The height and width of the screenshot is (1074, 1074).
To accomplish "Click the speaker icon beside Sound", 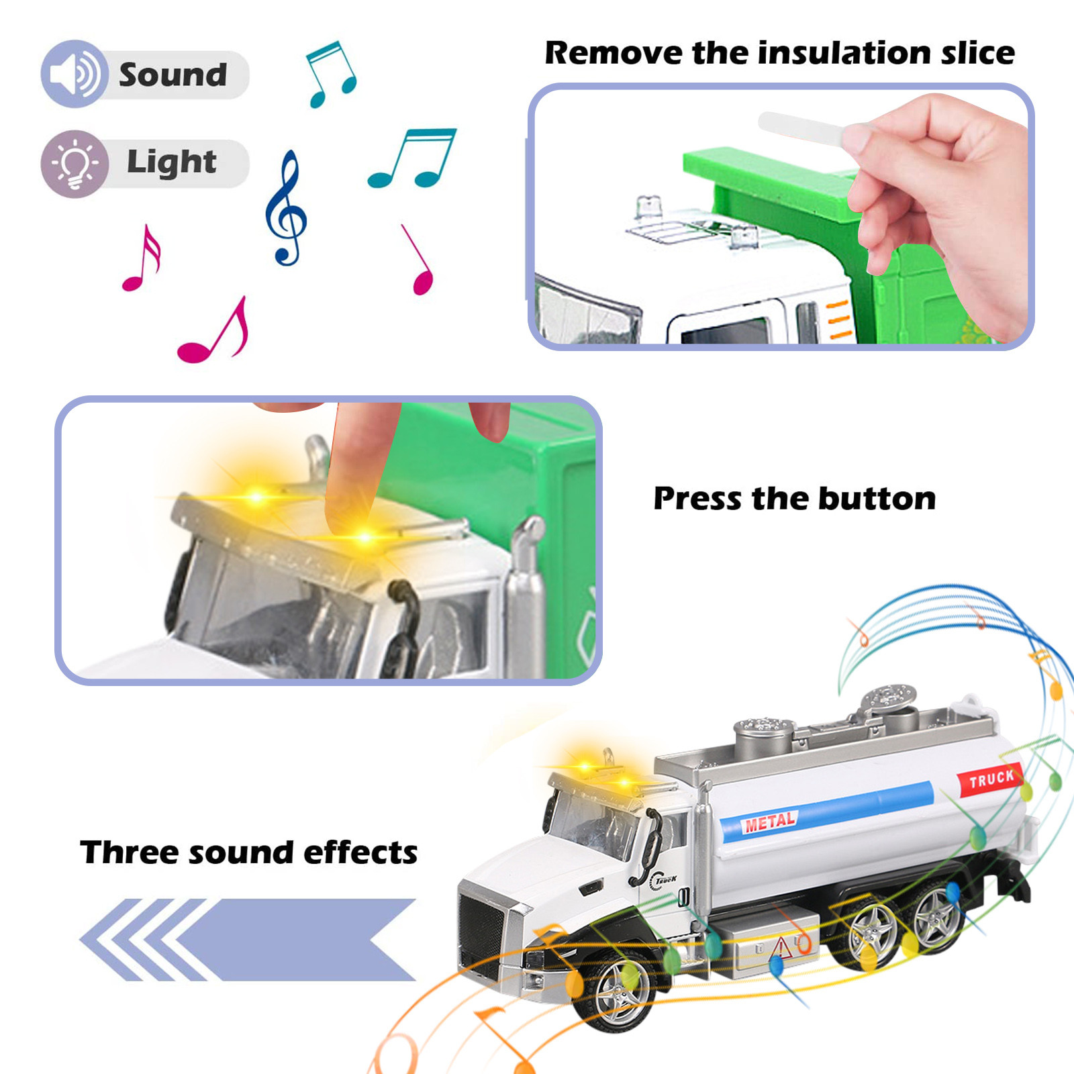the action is (74, 74).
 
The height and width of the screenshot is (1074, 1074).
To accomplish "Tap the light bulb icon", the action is (75, 163).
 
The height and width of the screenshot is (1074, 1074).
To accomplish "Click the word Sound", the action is (173, 75).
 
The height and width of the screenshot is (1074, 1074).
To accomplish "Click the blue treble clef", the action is (286, 208).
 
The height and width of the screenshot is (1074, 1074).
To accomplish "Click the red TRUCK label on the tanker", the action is (991, 779).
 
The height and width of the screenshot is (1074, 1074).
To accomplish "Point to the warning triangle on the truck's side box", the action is (782, 948).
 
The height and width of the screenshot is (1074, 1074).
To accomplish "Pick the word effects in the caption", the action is (360, 852).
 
